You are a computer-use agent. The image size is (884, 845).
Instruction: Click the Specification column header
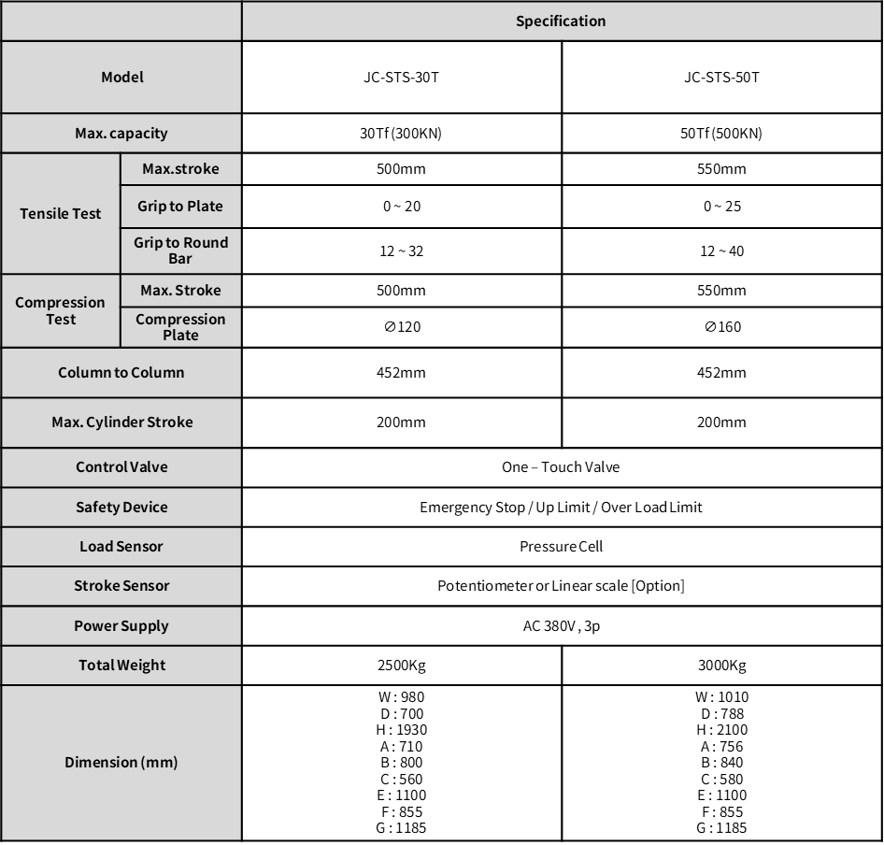(x=561, y=21)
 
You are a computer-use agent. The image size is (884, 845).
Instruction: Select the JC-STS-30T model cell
(x=401, y=77)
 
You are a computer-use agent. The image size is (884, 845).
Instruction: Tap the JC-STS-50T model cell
(x=721, y=77)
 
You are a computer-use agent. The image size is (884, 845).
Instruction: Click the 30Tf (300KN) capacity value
(x=401, y=133)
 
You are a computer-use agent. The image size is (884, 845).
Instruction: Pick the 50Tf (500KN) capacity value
(x=721, y=133)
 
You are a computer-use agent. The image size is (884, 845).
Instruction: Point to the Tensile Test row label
(x=61, y=213)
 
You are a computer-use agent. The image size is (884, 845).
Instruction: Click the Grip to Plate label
(x=180, y=206)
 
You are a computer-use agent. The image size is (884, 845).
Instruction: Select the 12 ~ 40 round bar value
(x=721, y=251)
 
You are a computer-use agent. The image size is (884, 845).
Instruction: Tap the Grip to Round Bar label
(x=180, y=250)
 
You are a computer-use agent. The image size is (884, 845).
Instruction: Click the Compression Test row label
(x=61, y=310)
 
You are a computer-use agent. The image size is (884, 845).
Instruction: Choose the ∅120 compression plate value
(x=401, y=326)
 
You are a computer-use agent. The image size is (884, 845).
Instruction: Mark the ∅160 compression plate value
(x=721, y=326)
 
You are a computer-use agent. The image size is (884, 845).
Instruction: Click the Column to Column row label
(x=121, y=372)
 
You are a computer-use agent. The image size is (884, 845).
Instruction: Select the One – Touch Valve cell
(x=561, y=466)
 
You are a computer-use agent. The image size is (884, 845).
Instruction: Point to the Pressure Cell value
(x=561, y=546)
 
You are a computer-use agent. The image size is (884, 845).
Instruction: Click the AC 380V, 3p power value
(x=561, y=625)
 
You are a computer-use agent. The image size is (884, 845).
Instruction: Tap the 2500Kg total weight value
(x=401, y=666)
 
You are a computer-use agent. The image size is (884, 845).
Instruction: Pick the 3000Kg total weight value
(x=721, y=666)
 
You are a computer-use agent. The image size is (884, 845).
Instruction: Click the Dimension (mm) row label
(x=121, y=762)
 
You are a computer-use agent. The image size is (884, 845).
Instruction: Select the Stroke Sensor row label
(x=121, y=585)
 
